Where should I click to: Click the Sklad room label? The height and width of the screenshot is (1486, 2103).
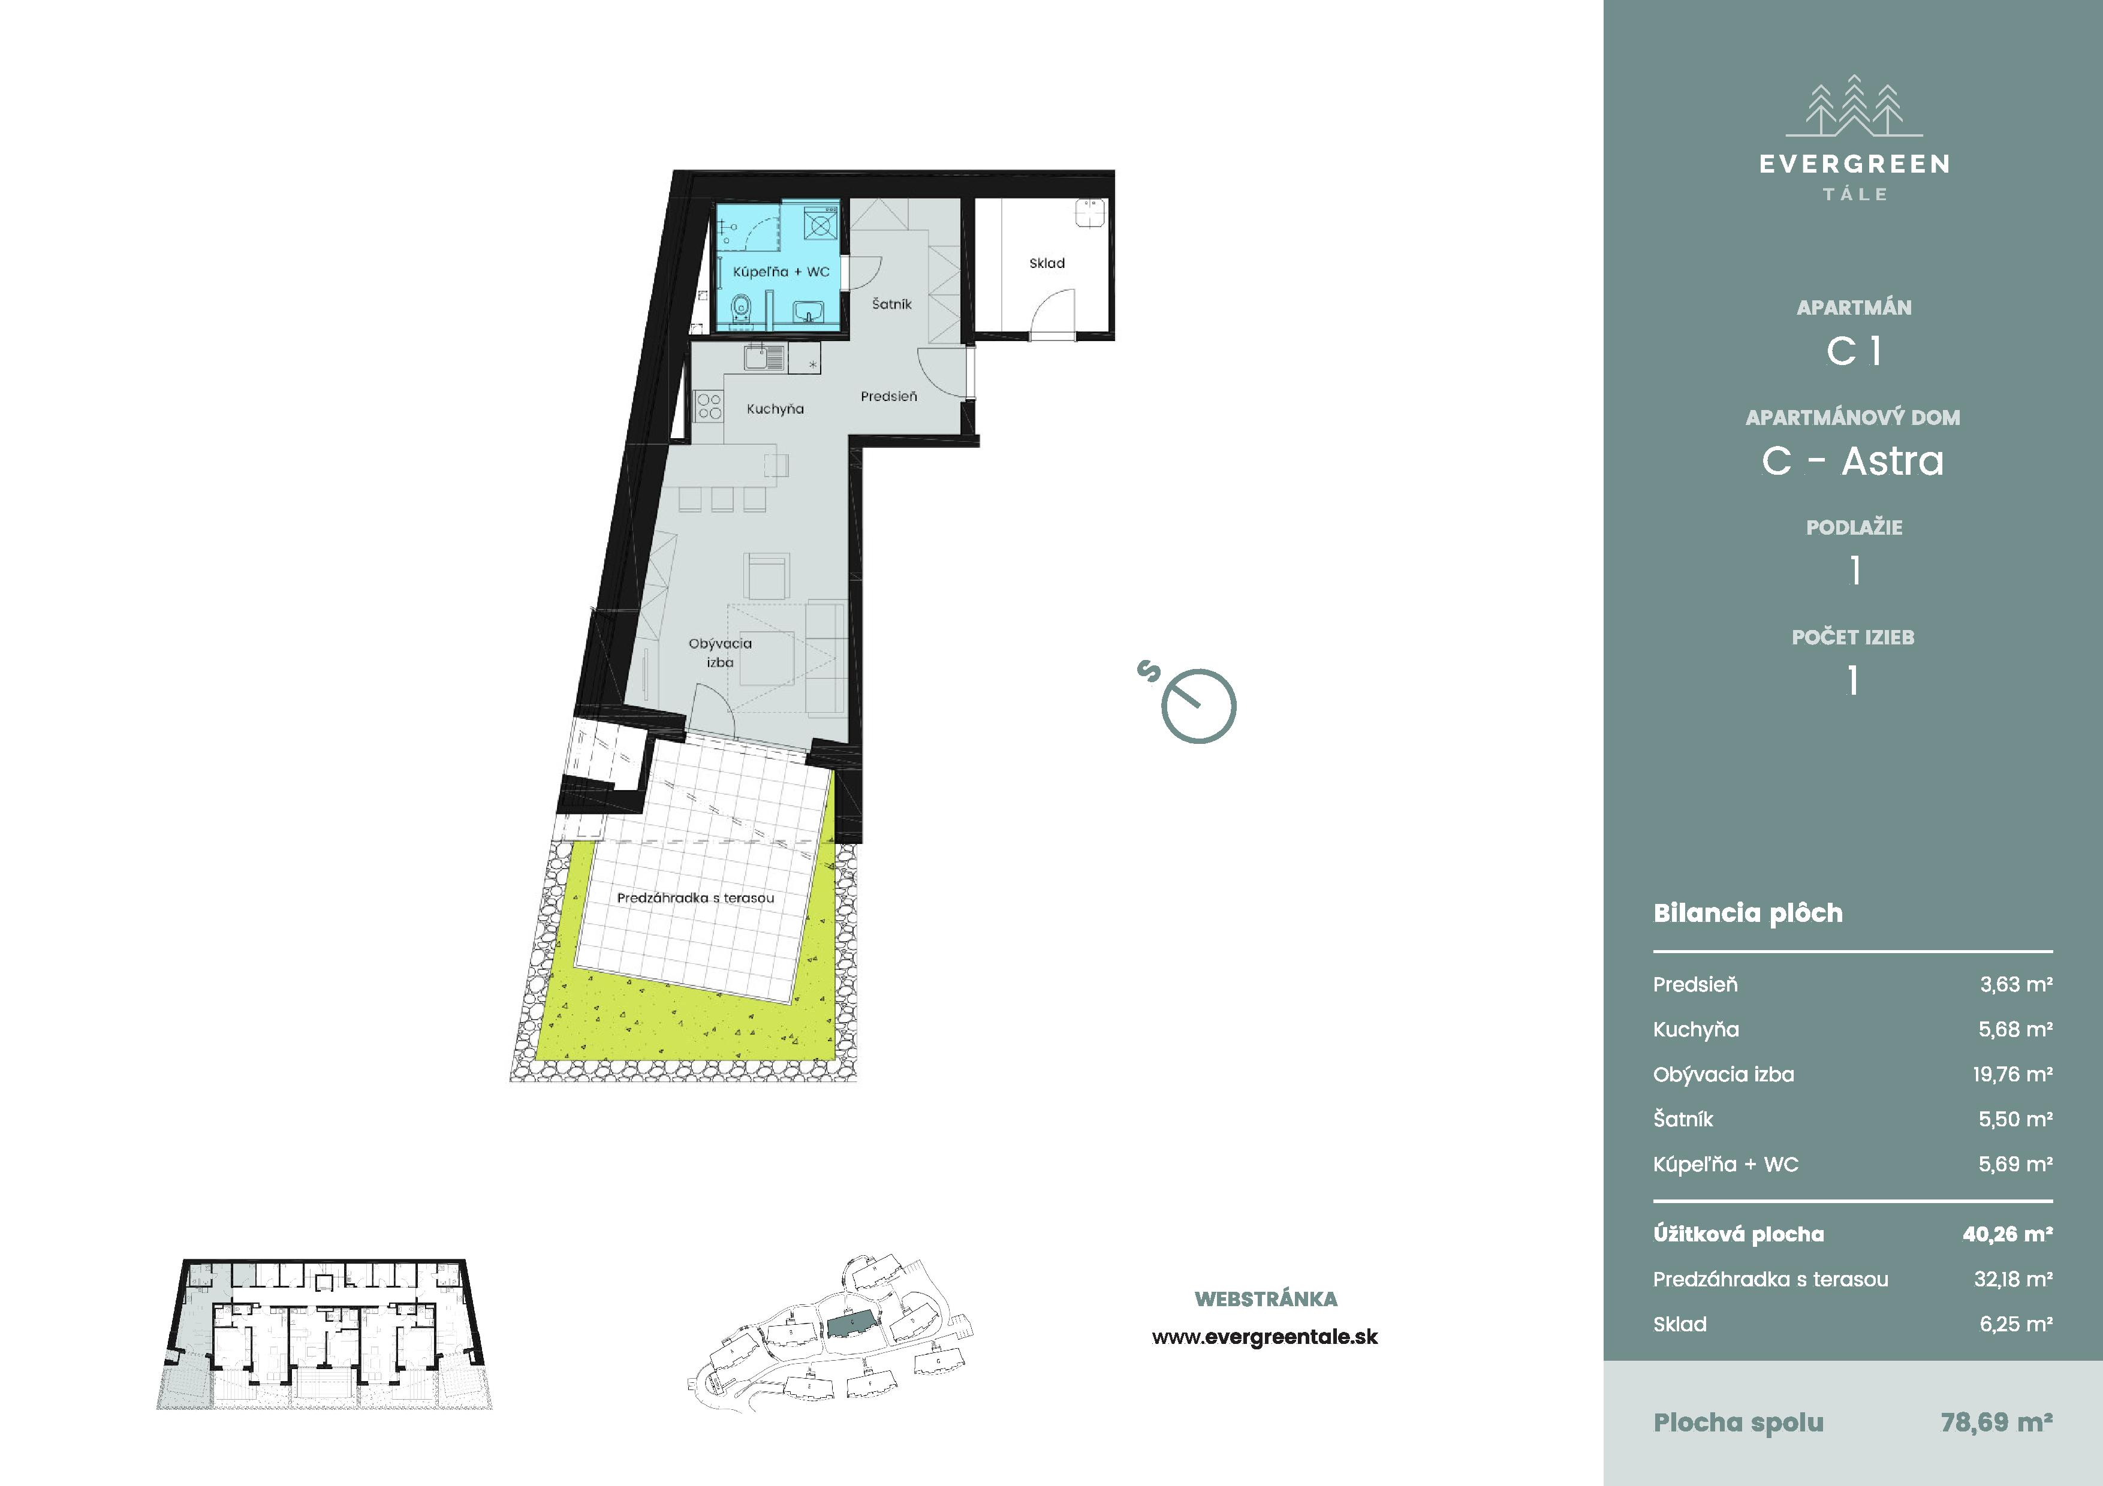[x=1047, y=264]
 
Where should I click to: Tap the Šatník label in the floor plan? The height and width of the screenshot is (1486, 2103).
[x=891, y=304]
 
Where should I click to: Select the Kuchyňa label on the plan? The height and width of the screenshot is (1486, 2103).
[x=775, y=409]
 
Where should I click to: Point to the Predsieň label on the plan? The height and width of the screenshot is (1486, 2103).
[x=888, y=396]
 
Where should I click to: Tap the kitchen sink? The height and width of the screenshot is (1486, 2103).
[x=764, y=356]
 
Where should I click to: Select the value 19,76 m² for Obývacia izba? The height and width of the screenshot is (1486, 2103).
[x=2012, y=1074]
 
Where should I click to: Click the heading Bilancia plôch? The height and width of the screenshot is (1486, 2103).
[x=1748, y=913]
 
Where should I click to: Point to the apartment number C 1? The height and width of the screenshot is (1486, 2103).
[x=1854, y=351]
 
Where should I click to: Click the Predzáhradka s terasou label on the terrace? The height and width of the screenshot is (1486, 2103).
[x=695, y=898]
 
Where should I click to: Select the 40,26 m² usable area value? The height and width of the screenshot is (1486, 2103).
[x=2007, y=1234]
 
